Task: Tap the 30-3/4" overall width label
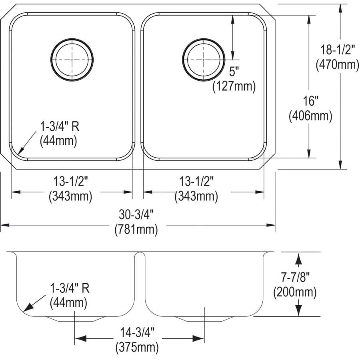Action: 136,215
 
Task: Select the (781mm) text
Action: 136,229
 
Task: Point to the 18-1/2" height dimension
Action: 336,50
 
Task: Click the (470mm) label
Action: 337,64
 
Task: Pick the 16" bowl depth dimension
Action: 310,101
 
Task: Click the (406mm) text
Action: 310,116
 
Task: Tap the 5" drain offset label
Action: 234,72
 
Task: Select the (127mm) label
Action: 234,86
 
